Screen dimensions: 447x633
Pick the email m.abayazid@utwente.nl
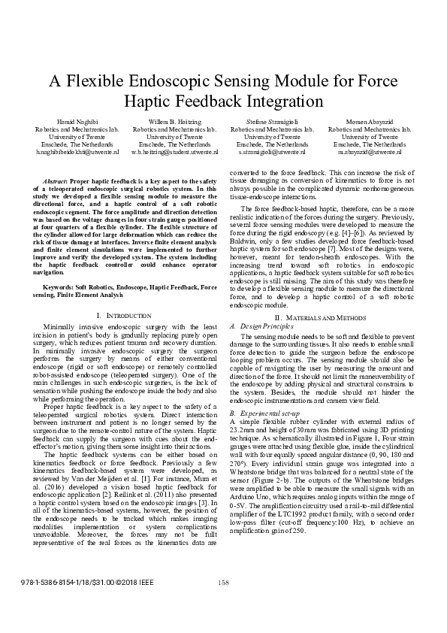click(370, 152)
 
